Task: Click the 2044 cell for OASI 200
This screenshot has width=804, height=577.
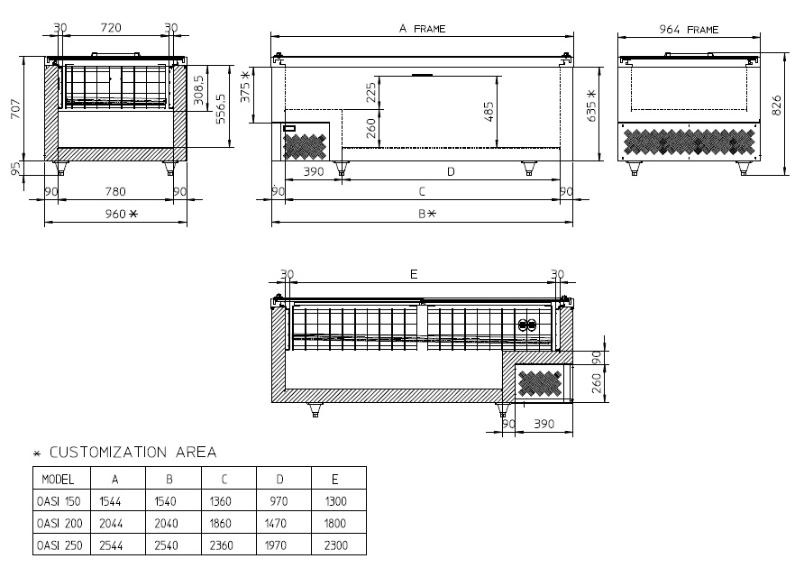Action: click(111, 523)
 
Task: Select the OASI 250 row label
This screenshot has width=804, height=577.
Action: click(59, 545)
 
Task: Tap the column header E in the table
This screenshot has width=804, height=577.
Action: click(334, 479)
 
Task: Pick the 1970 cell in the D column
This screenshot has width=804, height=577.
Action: click(276, 545)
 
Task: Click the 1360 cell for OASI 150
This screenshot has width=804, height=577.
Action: click(221, 501)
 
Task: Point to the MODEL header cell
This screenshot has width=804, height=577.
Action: click(58, 479)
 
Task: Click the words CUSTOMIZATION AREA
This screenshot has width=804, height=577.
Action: click(132, 452)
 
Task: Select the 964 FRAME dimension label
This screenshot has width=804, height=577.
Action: click(689, 30)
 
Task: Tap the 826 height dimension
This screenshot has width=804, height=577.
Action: click(776, 105)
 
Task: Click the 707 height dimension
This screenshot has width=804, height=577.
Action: click(15, 109)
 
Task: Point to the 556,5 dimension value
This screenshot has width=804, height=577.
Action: click(221, 109)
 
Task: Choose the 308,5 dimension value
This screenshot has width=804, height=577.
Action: click(199, 89)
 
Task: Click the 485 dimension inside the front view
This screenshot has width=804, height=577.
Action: click(489, 112)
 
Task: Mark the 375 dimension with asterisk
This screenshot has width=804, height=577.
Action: click(245, 87)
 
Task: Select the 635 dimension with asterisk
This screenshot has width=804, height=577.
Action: click(591, 106)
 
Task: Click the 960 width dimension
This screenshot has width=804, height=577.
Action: click(122, 214)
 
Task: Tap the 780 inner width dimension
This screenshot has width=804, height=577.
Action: click(115, 191)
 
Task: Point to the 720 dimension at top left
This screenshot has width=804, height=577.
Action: click(111, 28)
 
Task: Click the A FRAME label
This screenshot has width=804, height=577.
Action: click(423, 29)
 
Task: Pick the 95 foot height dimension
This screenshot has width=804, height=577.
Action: click(15, 168)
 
